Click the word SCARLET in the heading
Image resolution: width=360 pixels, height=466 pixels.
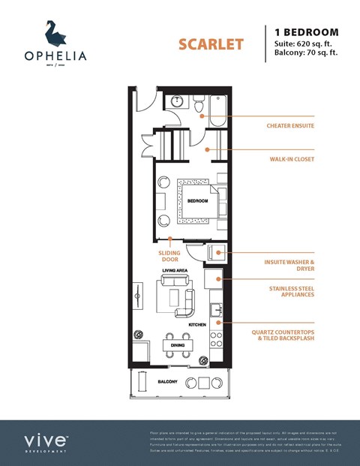[x=211, y=44]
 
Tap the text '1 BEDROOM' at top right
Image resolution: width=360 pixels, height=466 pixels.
[x=307, y=32]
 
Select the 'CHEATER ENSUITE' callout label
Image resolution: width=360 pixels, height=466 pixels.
[x=289, y=125]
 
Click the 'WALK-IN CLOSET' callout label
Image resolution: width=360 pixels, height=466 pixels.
[x=292, y=159]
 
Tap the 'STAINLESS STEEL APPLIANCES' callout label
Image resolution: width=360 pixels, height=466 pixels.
[x=291, y=292]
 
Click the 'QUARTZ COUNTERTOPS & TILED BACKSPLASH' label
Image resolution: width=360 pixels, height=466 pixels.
[x=291, y=334]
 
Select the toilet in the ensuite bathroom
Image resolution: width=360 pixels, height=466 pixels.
[x=202, y=103]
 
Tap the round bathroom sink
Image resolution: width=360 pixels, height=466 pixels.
[x=178, y=101]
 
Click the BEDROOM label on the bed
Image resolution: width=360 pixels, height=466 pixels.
[x=196, y=201]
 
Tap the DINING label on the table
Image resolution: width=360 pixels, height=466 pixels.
[x=178, y=345]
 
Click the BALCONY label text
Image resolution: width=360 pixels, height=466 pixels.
[x=167, y=382]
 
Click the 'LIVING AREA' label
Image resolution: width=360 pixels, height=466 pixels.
[x=174, y=269]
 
